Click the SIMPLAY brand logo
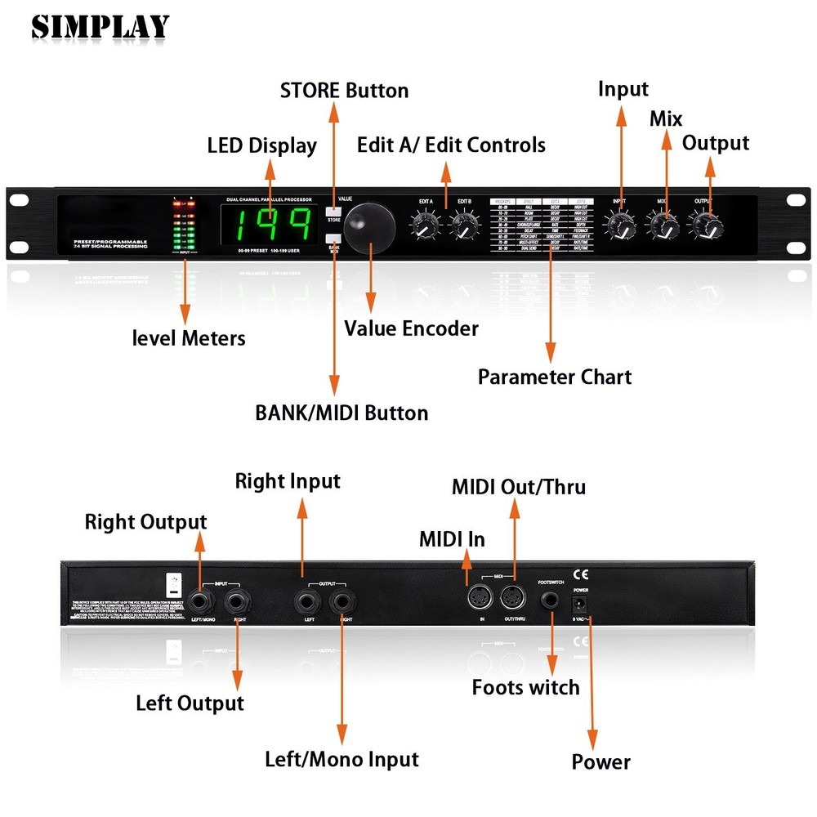[100, 27]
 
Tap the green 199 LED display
[270, 225]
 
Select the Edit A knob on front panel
[425, 224]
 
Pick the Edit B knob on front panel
[464, 224]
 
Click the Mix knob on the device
[663, 223]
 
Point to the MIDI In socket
[477, 599]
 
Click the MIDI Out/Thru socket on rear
[513, 599]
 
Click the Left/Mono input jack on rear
[199, 603]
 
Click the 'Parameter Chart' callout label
[554, 377]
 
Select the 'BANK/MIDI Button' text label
[342, 413]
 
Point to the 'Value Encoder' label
[411, 328]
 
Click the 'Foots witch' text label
[525, 688]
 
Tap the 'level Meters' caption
[188, 337]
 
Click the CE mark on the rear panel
[581, 573]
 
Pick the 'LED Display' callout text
[261, 146]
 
